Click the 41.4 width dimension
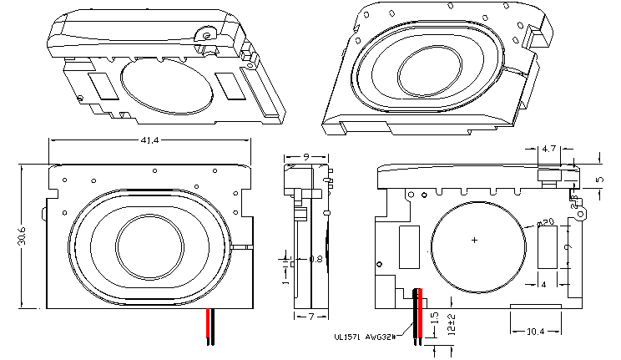tap(150, 139)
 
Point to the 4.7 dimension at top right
tap(549, 149)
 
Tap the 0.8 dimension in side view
tap(316, 259)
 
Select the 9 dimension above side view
tap(307, 156)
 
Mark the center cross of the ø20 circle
tap(476, 241)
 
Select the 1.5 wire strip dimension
tap(435, 319)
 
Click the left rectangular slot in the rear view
tap(409, 247)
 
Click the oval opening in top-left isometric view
tap(167, 85)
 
